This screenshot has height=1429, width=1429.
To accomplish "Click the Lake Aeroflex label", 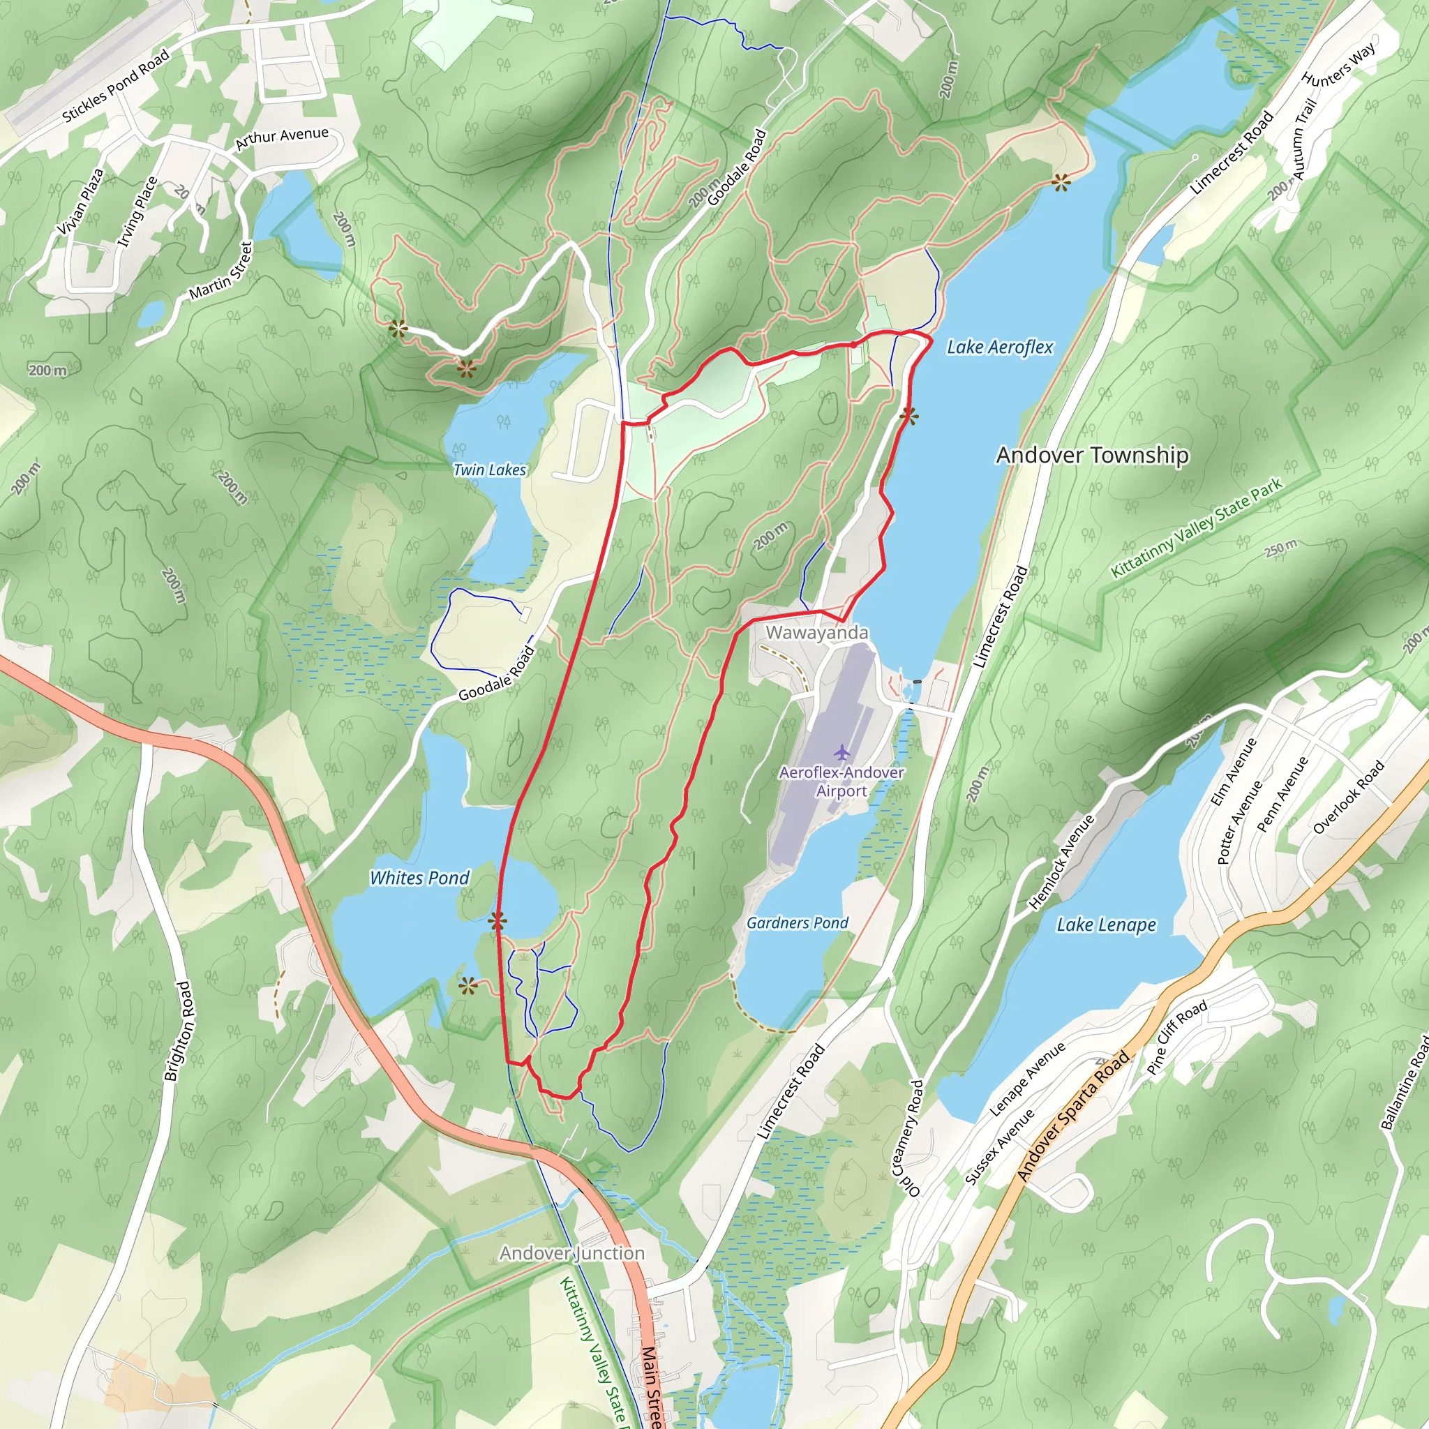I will [999, 347].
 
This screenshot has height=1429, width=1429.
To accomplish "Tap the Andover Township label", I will [1092, 455].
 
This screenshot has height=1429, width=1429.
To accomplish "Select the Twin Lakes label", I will [490, 470].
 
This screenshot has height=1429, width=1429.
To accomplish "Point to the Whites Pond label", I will [419, 878].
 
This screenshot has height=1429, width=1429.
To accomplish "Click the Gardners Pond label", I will [797, 923].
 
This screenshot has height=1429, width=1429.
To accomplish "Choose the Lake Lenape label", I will [1106, 925].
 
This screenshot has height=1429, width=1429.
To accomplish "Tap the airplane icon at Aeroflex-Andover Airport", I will [841, 753].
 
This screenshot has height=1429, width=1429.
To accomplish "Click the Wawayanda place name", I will [816, 632].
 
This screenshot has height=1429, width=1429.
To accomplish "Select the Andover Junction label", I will [571, 1253].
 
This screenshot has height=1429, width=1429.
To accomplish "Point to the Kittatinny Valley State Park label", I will [1197, 528].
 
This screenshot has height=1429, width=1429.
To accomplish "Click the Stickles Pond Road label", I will [115, 85].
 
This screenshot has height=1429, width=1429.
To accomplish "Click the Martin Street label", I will [220, 271].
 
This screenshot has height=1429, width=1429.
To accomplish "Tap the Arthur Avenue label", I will [281, 137].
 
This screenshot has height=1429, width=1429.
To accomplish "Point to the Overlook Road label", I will [1347, 798].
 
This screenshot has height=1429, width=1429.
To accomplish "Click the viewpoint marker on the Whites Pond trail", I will [497, 921].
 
